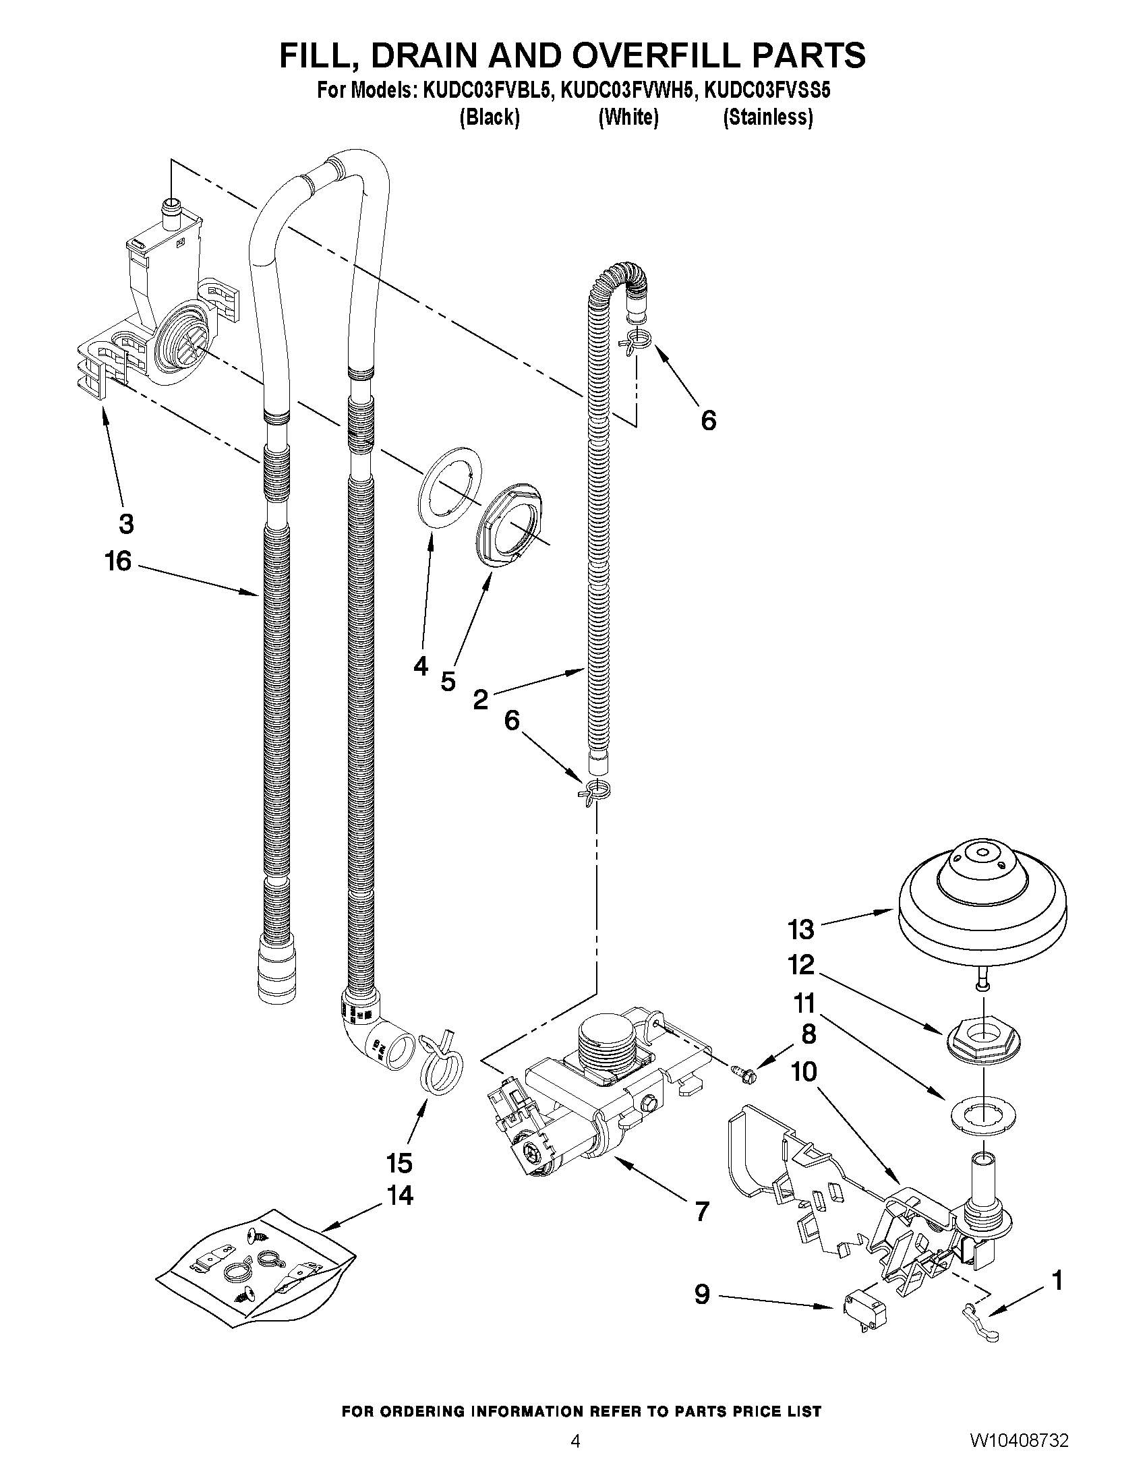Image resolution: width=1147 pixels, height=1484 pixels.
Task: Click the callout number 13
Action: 800,929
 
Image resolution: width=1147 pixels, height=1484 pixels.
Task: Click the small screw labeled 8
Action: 744,1073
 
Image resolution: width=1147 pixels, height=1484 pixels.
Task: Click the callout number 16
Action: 117,561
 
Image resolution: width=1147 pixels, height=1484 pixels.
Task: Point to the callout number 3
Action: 126,524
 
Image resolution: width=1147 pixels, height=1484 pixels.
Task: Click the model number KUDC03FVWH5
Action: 628,90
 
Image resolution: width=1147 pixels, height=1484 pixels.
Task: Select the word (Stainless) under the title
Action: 768,117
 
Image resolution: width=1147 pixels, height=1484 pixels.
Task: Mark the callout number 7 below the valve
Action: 702,1210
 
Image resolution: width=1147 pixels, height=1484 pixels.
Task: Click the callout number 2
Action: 480,699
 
